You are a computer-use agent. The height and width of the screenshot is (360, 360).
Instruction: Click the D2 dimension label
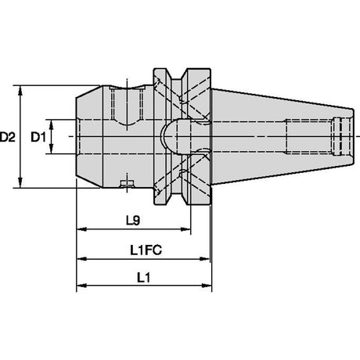(8, 137)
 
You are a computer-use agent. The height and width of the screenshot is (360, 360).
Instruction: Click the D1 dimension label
(38, 137)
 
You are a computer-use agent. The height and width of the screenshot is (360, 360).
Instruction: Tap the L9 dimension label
(133, 221)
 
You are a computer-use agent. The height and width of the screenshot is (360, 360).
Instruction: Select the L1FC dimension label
(146, 250)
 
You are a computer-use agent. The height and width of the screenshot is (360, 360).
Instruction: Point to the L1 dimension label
(144, 278)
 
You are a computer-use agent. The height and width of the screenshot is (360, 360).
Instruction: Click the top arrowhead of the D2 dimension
(20, 90)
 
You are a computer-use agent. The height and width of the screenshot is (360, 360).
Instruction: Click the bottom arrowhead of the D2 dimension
(20, 182)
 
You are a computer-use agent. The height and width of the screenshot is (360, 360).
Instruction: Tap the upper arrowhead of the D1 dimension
(52, 124)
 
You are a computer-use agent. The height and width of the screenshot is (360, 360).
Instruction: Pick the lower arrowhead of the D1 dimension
(52, 149)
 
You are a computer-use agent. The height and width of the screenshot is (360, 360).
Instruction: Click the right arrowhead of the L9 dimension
(185, 229)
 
